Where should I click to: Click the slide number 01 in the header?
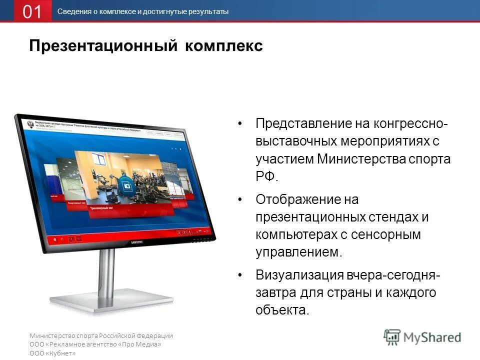32,11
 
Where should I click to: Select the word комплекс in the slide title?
224,45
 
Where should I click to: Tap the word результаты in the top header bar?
208,11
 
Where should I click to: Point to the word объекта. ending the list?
282,310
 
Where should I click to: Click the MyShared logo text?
431,337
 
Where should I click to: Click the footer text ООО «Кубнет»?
52,353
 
